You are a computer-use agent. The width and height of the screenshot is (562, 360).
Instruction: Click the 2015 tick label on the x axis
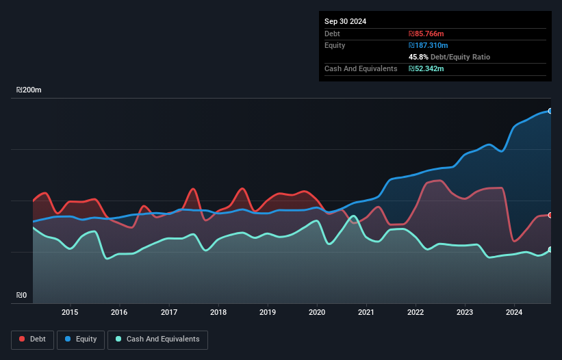70,313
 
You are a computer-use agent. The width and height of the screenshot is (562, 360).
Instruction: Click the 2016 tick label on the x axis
119,313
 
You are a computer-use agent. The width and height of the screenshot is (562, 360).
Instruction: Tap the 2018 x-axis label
218,313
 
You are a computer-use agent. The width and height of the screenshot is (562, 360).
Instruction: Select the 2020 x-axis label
317,313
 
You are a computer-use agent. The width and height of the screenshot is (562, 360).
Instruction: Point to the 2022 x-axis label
416,313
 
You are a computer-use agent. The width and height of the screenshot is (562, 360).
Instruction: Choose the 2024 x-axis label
515,313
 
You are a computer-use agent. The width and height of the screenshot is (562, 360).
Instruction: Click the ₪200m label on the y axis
29,90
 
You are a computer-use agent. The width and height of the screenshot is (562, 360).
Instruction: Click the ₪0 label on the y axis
22,295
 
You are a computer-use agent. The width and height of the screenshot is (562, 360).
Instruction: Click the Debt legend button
32,339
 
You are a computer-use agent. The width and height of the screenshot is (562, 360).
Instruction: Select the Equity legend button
81,339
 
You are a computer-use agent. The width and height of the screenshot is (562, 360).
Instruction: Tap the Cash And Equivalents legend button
157,339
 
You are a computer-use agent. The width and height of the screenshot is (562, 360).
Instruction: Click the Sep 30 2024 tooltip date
345,21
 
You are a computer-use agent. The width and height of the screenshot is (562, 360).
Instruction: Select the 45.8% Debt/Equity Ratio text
449,57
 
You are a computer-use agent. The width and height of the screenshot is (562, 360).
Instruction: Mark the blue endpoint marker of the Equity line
550,111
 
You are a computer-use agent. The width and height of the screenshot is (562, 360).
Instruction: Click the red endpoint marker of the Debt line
550,215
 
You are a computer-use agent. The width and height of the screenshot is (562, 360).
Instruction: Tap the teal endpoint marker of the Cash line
550,250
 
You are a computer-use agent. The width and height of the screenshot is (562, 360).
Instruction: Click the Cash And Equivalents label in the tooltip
361,68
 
